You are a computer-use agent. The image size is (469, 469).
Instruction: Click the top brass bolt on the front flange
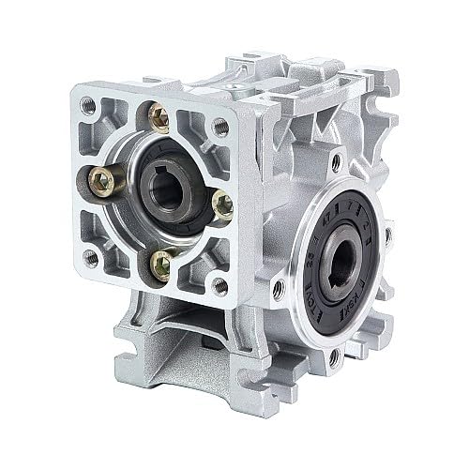pos(159,118)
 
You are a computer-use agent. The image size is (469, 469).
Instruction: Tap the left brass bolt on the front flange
pos(102,179)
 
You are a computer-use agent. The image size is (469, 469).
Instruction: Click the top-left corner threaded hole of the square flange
pos(89,105)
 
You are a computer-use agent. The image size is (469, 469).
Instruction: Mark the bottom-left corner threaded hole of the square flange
pos(89,256)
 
